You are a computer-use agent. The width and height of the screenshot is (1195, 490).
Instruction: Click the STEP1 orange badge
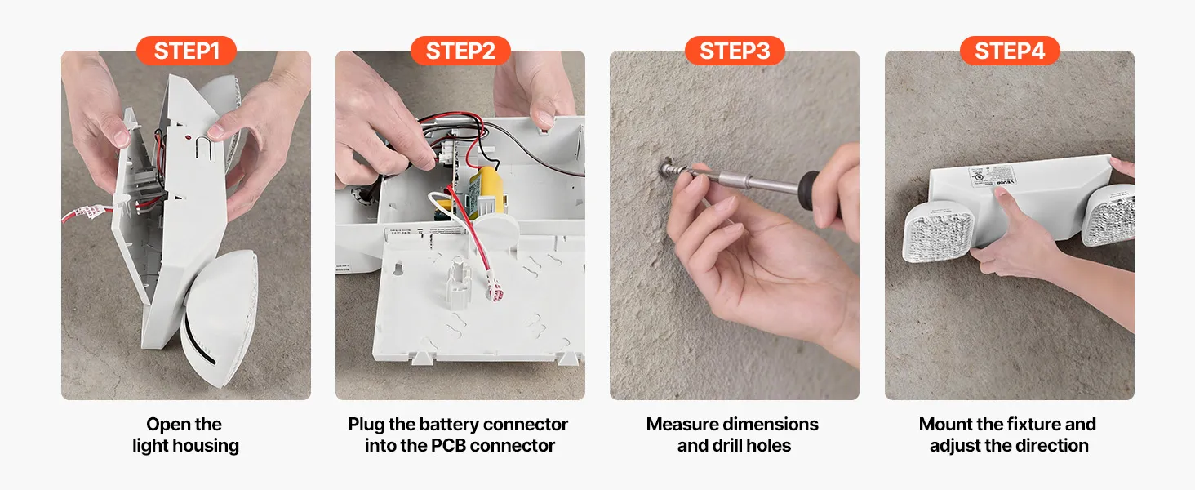[x=186, y=51]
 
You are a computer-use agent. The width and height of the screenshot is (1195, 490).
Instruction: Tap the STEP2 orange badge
[x=460, y=51]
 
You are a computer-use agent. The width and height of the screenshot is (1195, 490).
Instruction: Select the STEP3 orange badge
[x=735, y=51]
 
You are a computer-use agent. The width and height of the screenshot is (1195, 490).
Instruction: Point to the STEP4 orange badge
[x=1010, y=51]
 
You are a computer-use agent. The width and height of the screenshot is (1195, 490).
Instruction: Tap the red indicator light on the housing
[x=188, y=138]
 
